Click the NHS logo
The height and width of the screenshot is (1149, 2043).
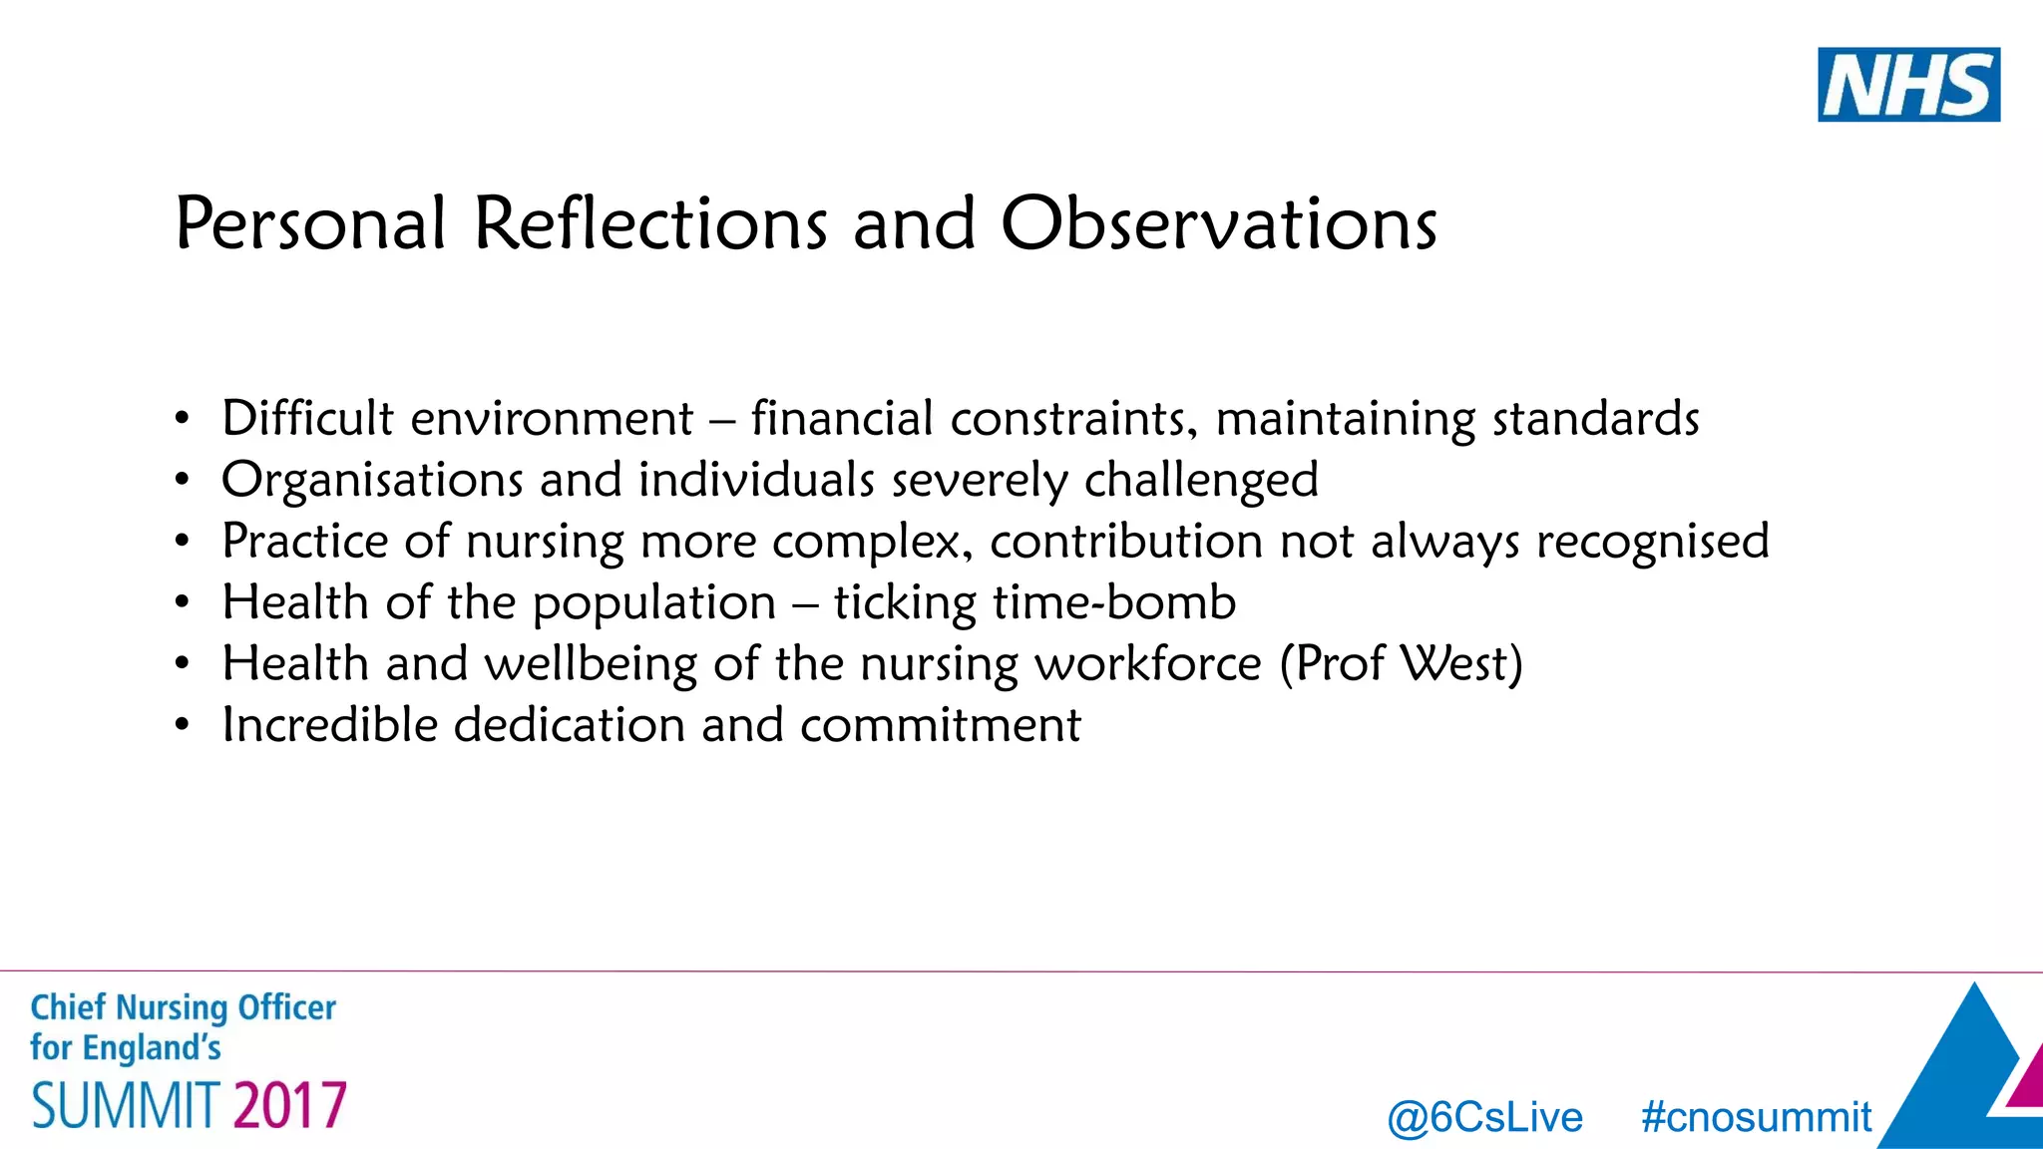(1907, 85)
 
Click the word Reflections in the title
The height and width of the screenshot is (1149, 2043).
(649, 223)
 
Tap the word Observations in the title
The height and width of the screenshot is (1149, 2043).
(1218, 223)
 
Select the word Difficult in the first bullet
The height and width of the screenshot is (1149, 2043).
(307, 418)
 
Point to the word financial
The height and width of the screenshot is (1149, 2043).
(842, 418)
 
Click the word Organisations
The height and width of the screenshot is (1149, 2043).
(372, 480)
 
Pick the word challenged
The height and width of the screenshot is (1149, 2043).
(1201, 482)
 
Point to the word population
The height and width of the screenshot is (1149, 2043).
(653, 604)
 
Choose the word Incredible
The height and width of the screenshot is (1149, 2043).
(329, 725)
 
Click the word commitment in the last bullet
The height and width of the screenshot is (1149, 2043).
(940, 725)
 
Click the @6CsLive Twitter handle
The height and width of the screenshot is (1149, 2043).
(1484, 1118)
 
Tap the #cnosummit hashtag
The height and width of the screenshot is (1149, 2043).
(1756, 1118)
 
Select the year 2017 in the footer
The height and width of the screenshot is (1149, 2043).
(290, 1106)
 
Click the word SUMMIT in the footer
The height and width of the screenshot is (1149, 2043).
(126, 1106)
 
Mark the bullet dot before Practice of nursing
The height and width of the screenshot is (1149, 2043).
(181, 542)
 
